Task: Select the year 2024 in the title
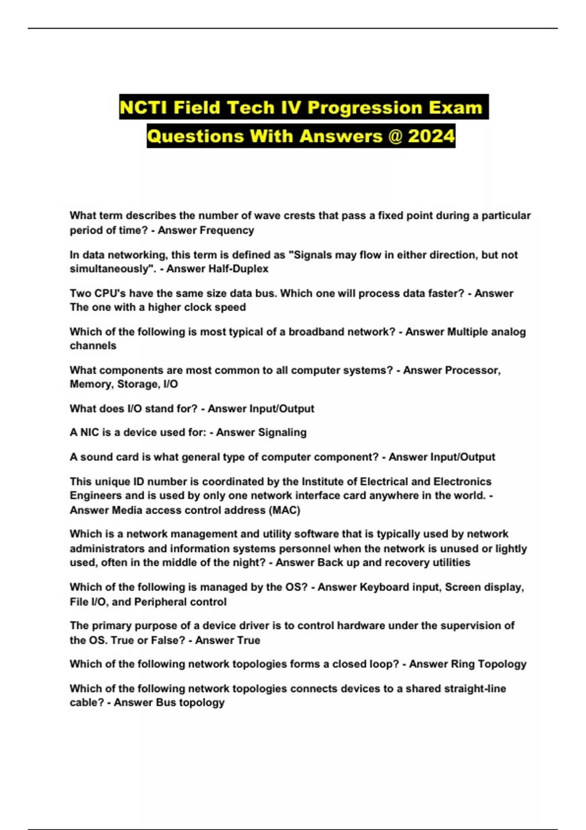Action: [x=431, y=136]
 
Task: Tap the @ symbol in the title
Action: [x=395, y=136]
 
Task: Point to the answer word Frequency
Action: [x=230, y=230]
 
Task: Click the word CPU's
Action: [x=103, y=293]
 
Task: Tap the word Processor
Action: [x=473, y=370]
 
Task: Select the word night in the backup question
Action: [x=249, y=562]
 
